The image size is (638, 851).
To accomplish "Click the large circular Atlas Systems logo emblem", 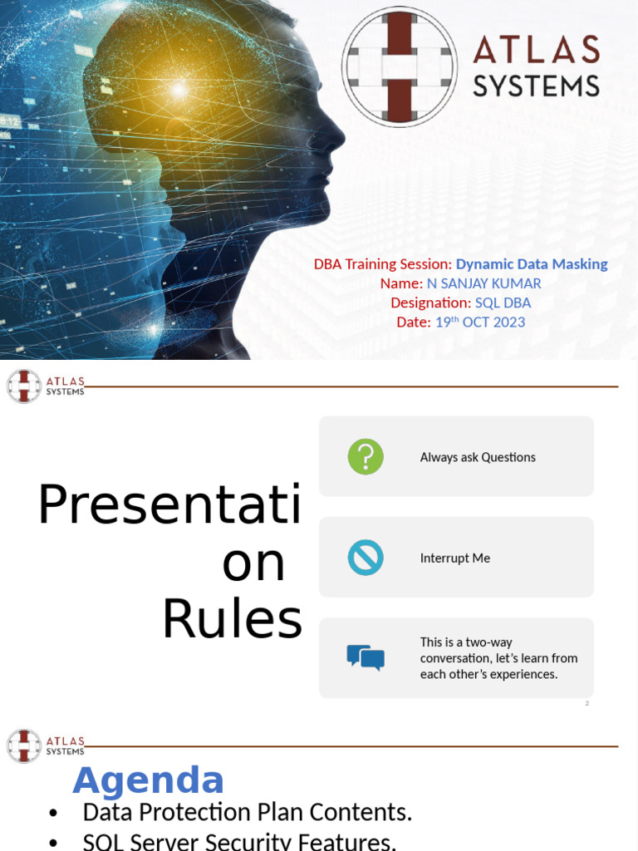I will tap(400, 67).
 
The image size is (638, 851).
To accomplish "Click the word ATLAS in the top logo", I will tap(536, 51).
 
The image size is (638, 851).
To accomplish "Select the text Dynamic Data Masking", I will tap(532, 264).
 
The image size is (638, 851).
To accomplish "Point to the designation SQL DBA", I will tap(503, 303).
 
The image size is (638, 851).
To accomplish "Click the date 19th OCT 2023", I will tap(480, 322).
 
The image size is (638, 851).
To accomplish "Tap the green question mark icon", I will tap(366, 457).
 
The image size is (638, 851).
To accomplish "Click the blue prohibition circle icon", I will tap(366, 558).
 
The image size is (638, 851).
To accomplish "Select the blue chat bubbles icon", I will tap(366, 657).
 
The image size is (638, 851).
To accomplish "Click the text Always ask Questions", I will tap(478, 457).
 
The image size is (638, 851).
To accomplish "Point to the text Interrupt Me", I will tap(455, 558).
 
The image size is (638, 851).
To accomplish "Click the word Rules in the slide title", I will tap(232, 620).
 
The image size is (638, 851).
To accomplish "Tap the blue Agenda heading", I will tap(149, 780).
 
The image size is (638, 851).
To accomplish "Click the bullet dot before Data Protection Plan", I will tap(54, 813).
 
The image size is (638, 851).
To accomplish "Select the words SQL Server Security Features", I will tap(239, 842).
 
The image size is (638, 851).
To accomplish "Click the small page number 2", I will tap(586, 703).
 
